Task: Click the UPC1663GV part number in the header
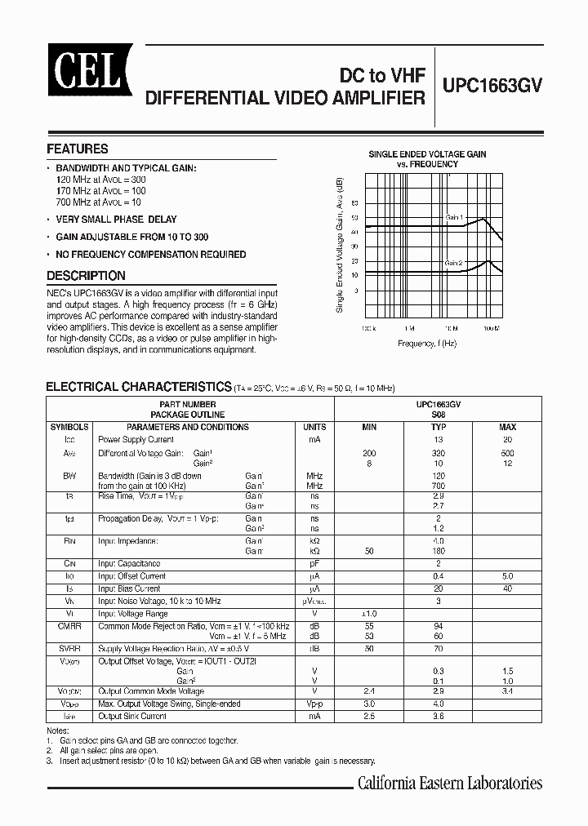coord(492,87)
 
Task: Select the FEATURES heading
coord(78,149)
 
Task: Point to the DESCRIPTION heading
coord(86,276)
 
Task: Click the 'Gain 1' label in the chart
coord(454,218)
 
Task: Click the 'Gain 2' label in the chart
coord(454,263)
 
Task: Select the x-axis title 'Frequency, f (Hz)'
coord(427,344)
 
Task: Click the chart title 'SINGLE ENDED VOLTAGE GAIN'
coord(427,153)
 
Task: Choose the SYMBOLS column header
coord(69,427)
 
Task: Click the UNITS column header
coord(314,427)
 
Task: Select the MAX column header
coord(507,427)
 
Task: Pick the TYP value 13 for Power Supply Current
coord(439,439)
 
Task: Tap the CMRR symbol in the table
coord(69,626)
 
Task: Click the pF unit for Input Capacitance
coord(314,563)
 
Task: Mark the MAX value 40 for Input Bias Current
coord(507,588)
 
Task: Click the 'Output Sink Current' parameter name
coord(132,716)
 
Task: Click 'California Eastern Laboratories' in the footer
coord(450,784)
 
